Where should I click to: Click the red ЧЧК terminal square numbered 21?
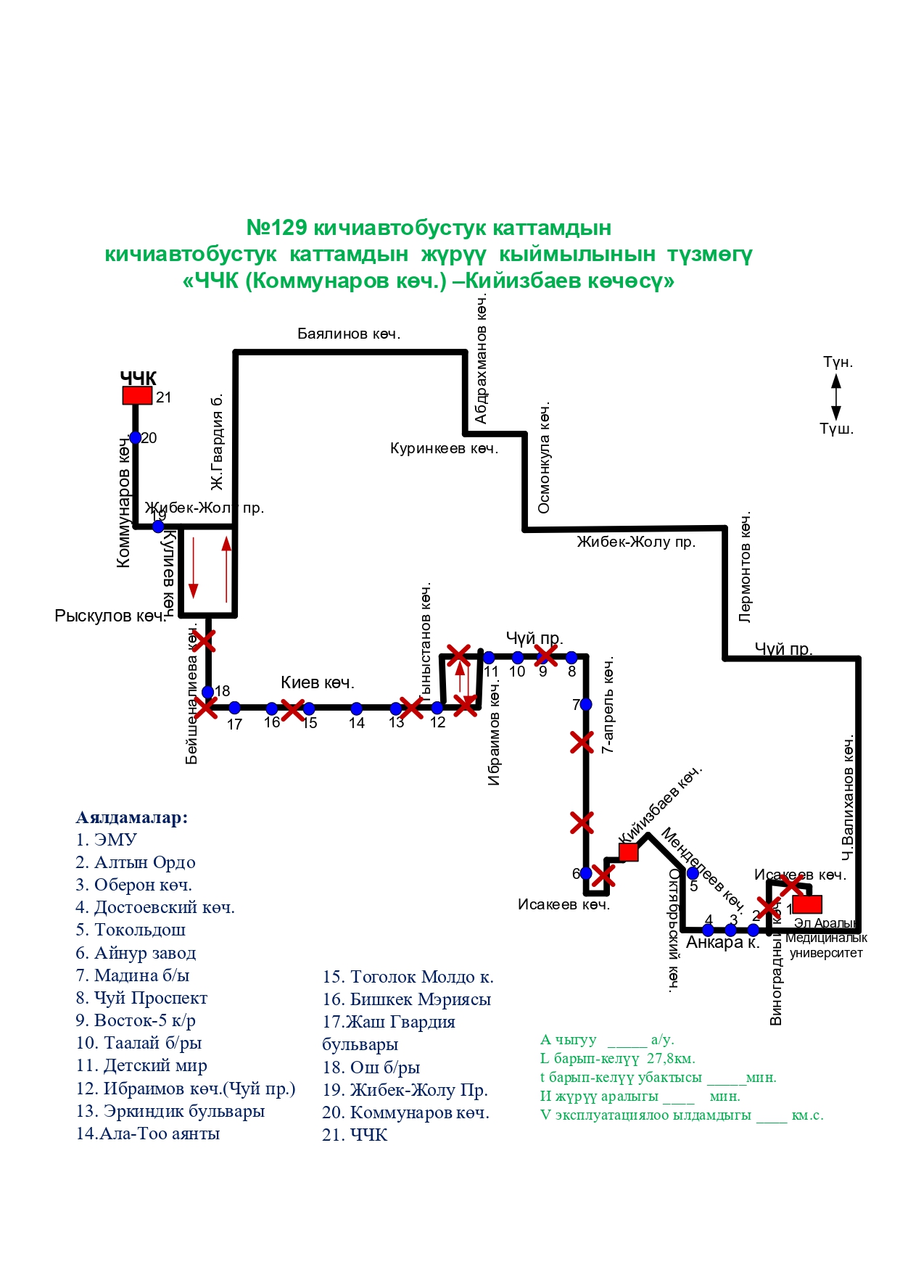point(137,395)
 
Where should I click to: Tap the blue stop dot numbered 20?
point(136,437)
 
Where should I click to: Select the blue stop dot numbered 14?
point(356,708)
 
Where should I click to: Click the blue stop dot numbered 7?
point(586,704)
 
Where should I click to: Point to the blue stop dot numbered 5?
point(693,873)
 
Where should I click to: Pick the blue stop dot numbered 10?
point(517,658)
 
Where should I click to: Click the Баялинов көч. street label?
point(349,334)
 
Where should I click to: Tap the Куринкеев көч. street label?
point(444,448)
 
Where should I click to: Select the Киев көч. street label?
point(318,682)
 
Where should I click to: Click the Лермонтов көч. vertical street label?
point(746,568)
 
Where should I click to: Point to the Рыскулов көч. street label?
point(110,616)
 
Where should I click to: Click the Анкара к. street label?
point(722,943)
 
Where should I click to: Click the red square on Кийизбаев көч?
point(629,852)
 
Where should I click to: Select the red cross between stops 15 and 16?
point(292,710)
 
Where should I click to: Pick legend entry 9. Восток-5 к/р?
point(136,1020)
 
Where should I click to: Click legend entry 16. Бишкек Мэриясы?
point(407,999)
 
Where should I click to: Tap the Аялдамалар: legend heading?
point(132,817)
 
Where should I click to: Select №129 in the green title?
point(277,228)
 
